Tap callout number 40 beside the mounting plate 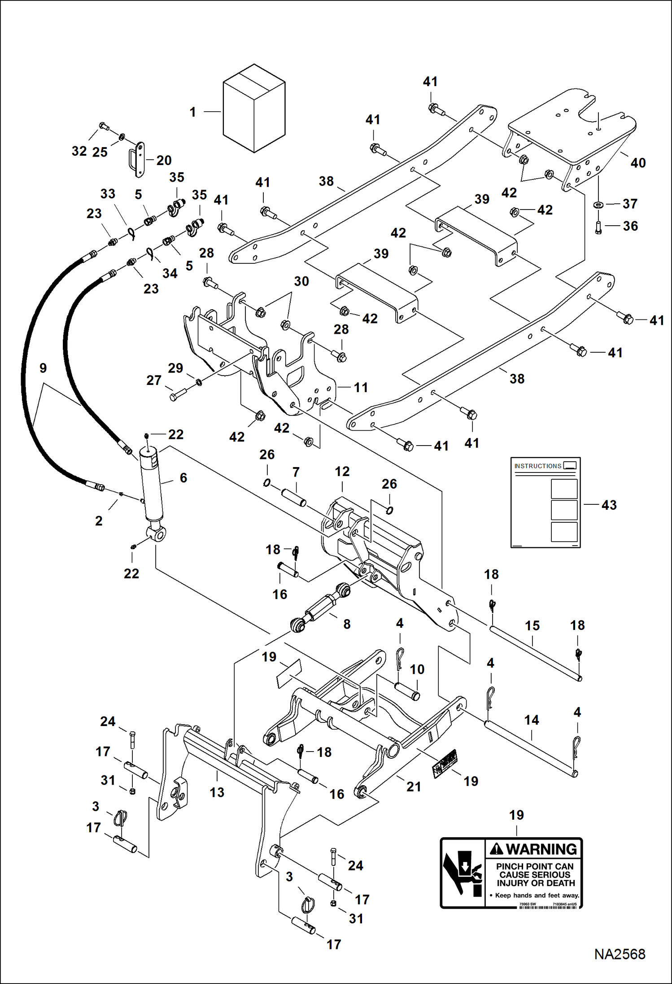638,163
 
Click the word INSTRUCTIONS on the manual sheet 537,466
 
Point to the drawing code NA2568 620,953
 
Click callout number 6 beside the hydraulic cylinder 183,478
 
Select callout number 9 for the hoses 43,368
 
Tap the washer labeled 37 598,205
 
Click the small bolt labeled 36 598,227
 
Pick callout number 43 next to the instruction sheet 609,505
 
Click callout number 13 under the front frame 217,792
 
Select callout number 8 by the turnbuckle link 347,624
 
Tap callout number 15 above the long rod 532,626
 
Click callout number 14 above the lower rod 532,720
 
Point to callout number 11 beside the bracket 361,387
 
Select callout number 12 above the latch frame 342,472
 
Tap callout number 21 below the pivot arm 413,787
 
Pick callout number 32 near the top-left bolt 79,151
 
